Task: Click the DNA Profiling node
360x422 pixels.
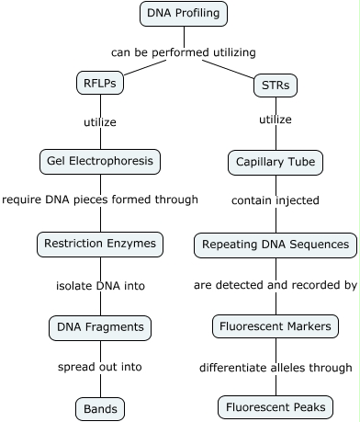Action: pos(185,14)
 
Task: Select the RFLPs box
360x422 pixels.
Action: pos(100,84)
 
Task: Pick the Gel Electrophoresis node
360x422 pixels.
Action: pos(100,162)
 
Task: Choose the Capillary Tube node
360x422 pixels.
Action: pos(276,163)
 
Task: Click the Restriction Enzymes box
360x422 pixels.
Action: pos(100,245)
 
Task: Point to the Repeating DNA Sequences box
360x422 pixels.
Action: pos(276,245)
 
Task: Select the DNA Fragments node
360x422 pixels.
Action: pos(100,326)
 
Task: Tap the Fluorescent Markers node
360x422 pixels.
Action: pos(276,326)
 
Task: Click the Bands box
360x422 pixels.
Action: pos(100,407)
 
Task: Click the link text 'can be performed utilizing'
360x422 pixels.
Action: pos(184,52)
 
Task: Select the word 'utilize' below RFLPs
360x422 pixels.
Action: pos(100,120)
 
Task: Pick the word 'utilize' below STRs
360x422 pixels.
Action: pos(276,120)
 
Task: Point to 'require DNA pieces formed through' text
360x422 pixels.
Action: pos(100,199)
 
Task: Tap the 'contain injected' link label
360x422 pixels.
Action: pos(276,200)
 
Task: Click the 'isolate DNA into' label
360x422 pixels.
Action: pos(100,286)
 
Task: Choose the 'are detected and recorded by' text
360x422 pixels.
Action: pos(276,285)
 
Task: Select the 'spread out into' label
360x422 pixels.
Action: pos(100,366)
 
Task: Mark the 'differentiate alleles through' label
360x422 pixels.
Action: pos(276,368)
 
